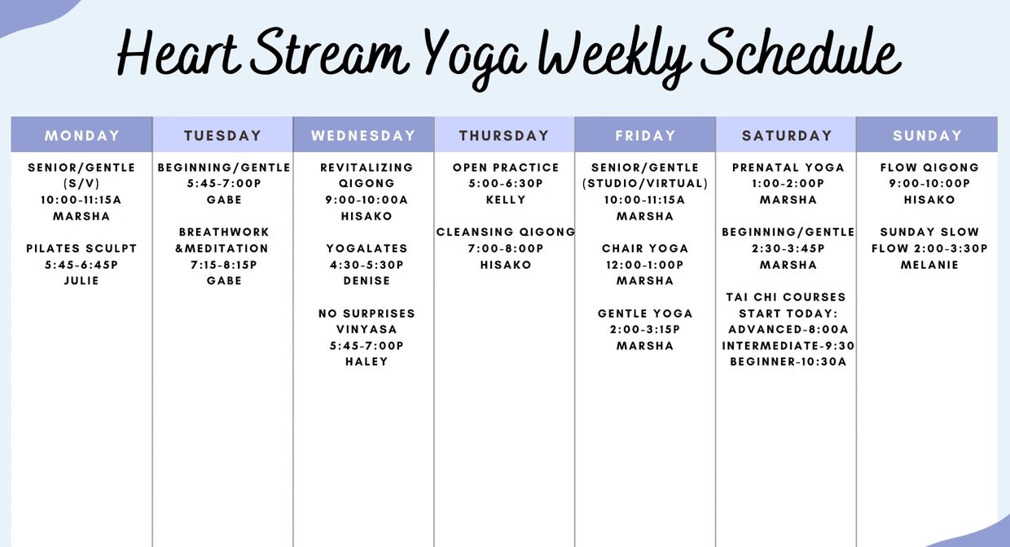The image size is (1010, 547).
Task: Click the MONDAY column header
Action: pos(82,136)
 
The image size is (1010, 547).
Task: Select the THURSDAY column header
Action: pos(504,136)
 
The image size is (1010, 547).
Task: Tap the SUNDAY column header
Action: pos(928,136)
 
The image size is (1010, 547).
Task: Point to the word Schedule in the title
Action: pos(801,52)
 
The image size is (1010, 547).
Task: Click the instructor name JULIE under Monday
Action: pos(81,281)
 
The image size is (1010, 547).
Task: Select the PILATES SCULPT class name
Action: pos(81,248)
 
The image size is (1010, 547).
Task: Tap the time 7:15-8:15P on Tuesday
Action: pos(224,265)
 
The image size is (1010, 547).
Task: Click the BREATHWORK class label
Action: pos(224,232)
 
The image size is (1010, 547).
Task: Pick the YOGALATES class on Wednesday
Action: pos(367,248)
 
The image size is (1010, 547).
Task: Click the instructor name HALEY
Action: pos(367,361)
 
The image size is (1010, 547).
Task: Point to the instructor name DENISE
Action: pos(367,281)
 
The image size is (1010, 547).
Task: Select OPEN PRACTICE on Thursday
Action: pos(506,168)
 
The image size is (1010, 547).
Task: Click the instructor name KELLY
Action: pos(506,199)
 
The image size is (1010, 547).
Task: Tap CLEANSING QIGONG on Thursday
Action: pos(506,232)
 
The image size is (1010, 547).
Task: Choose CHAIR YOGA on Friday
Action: pos(645,248)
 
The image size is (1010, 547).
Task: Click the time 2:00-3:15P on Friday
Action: pos(645,330)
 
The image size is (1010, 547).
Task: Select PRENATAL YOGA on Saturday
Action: pos(788,168)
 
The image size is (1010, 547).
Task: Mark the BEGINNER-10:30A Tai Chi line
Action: pos(788,361)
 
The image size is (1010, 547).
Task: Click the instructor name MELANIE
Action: pos(929,265)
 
